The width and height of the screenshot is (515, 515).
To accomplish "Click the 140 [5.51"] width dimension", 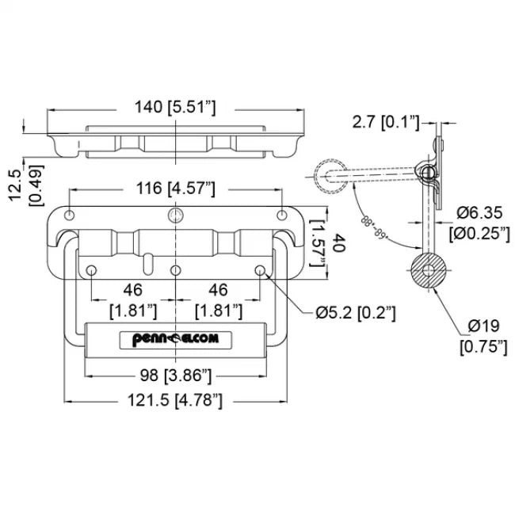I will tap(176, 105).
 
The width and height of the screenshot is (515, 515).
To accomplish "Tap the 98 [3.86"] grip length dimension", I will tap(176, 375).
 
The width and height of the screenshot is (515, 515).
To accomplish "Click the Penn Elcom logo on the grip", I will tap(176, 340).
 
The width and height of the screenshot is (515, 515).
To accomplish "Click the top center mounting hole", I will tap(176, 216).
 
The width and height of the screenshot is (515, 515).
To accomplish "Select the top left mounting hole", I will tap(71, 216).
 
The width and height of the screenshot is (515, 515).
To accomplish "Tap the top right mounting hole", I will tap(281, 216).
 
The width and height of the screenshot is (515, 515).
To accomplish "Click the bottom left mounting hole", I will tap(92, 271).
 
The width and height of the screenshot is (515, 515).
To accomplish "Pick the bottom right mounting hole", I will tap(259, 271).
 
